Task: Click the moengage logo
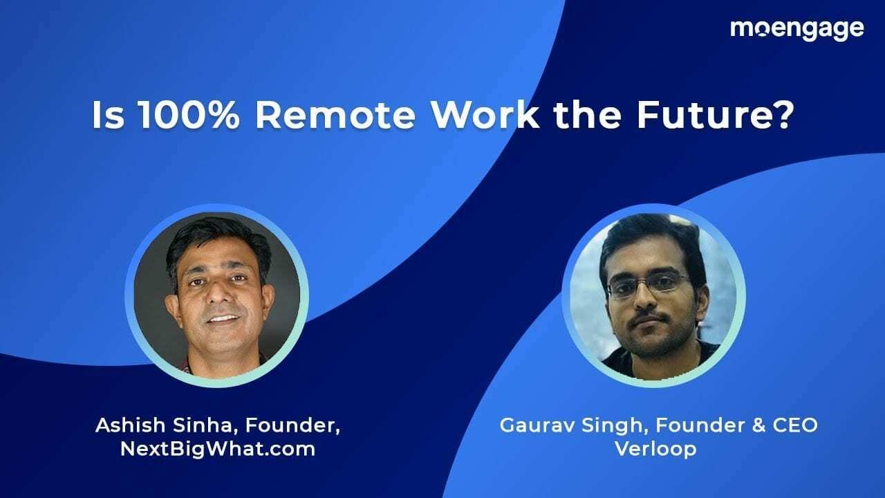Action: [796, 29]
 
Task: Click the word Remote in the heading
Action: [335, 116]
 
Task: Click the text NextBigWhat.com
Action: [217, 448]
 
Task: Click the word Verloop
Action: [655, 448]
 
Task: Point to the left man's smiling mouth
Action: [223, 319]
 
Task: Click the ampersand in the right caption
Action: [751, 425]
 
